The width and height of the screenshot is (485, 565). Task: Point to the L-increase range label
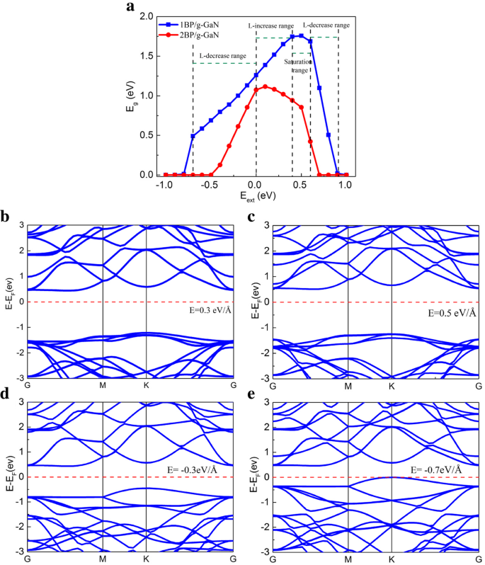(270, 25)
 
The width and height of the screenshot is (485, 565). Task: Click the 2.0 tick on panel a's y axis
(147, 16)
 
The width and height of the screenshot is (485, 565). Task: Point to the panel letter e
(250, 394)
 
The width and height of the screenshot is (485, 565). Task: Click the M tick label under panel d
(103, 559)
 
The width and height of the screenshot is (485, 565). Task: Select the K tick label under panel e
(392, 559)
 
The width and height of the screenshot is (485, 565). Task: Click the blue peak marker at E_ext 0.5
(301, 36)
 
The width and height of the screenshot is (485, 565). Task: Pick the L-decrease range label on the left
(222, 55)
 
